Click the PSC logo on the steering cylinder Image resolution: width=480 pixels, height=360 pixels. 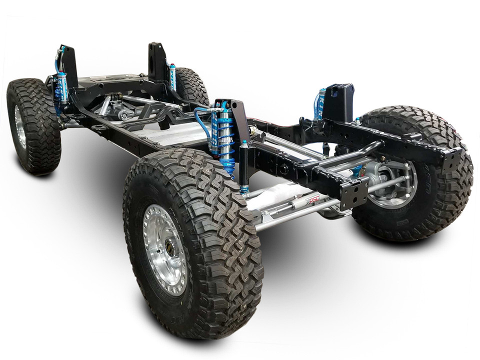pyautogui.click(x=313, y=199)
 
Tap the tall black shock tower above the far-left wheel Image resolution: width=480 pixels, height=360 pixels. pyautogui.click(x=68, y=65)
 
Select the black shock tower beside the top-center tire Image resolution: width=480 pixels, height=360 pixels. pyautogui.click(x=156, y=62)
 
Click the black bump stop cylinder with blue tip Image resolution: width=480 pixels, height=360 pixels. pyautogui.click(x=243, y=167)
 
